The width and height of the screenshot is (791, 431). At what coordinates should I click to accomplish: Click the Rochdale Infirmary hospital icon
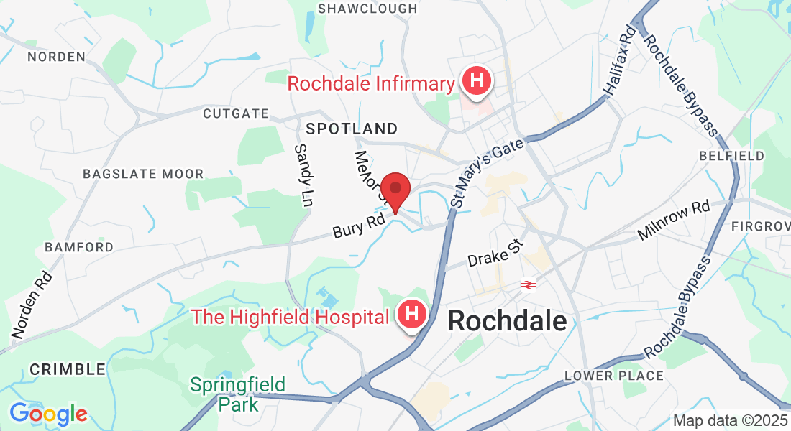coord(475,80)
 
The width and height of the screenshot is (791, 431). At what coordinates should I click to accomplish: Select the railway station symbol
coord(528,285)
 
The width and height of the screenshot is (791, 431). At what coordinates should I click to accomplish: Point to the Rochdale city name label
coord(508,321)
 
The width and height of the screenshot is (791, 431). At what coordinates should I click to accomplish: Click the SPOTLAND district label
coord(352,129)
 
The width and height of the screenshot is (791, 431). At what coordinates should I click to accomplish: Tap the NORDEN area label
coord(55,56)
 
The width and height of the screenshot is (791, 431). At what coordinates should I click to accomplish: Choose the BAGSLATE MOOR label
coord(143,174)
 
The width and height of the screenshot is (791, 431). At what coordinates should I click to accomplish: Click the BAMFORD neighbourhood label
coord(79,247)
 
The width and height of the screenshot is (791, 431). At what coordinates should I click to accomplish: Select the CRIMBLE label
coord(68,370)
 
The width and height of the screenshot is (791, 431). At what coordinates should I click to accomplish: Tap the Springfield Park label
coord(237,394)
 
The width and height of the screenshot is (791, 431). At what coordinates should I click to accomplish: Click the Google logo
coord(48,414)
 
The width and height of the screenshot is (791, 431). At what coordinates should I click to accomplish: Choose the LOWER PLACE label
coord(614,376)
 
